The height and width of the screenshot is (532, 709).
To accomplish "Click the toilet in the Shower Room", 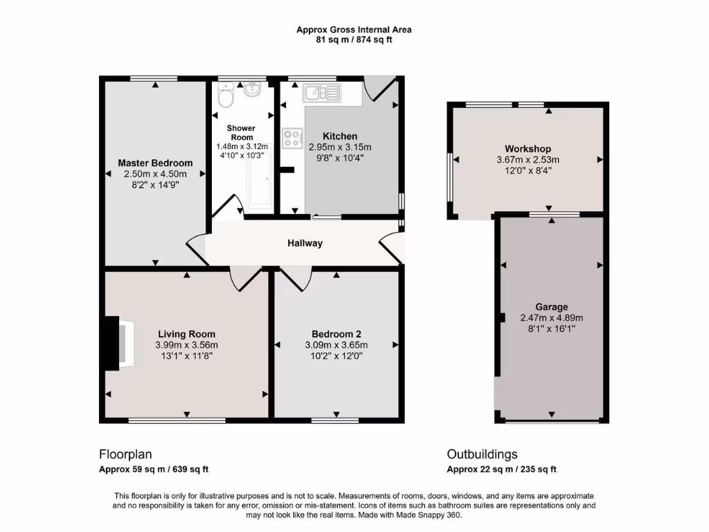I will pos(224,97).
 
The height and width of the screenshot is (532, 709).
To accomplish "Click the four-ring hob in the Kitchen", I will pos(291,136).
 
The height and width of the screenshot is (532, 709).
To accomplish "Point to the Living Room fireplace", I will pos(115,343).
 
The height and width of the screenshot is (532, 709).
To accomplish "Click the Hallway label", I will pos(305,243).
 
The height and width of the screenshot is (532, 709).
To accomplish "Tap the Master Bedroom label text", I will pos(155,163).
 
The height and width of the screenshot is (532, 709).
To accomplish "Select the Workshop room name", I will pos(528,149).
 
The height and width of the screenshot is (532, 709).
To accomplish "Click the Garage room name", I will pos(551,307).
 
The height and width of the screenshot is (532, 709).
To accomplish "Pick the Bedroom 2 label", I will pos(336,333).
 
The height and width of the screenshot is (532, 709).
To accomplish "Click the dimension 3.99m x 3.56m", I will pos(186,345).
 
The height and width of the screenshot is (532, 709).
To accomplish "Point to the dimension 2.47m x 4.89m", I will pos(551,318).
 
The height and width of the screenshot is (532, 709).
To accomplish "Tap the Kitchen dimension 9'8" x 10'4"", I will pos(339,158).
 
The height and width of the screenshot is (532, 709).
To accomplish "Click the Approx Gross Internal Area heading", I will pos(354,29).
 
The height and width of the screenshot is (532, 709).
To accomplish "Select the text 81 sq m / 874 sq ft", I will pos(354,39).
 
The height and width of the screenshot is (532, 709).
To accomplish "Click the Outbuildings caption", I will pos(482,454).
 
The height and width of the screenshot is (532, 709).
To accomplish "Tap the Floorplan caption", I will pos(125,454).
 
